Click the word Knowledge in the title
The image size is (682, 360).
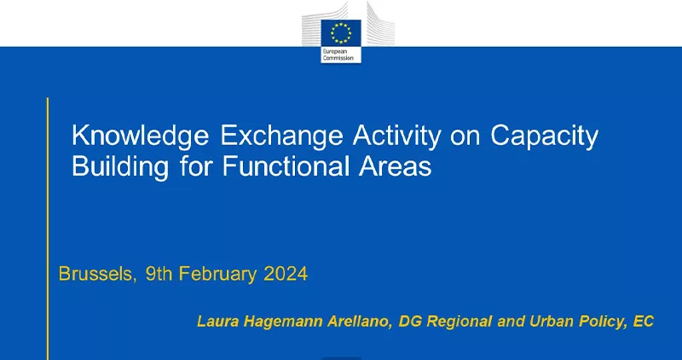140,136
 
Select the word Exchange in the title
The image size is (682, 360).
282,136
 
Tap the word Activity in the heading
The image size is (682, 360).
396,136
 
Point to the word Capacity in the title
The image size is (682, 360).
545,136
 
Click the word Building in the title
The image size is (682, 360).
120,167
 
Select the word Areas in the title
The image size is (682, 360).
395,165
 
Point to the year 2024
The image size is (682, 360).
286,274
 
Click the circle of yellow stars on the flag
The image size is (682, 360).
341,33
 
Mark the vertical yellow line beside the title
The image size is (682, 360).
48,229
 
